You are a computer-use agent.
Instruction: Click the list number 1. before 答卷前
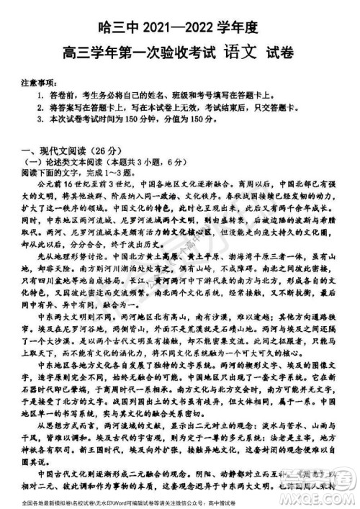40,94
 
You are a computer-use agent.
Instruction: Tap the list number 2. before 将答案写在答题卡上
40,106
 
